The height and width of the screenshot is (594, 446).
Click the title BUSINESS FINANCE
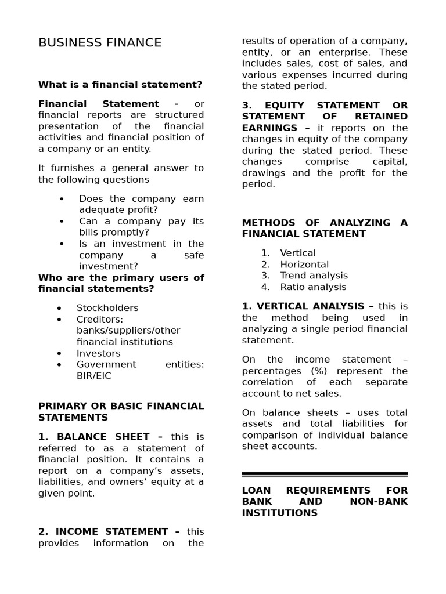pyautogui.click(x=100, y=43)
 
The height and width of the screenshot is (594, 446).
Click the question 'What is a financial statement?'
pyautogui.click(x=120, y=85)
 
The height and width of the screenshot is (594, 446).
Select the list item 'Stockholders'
pyautogui.click(x=107, y=308)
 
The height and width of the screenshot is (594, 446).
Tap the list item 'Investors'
pyautogui.click(x=99, y=353)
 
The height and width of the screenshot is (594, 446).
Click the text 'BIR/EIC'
pyautogui.click(x=94, y=376)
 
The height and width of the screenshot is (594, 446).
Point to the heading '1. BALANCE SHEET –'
pyautogui.click(x=100, y=437)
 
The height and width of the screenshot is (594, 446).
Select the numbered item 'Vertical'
pyautogui.click(x=298, y=253)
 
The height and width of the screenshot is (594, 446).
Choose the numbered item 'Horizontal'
pyautogui.click(x=304, y=265)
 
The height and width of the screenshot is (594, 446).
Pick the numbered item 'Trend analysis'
pyautogui.click(x=314, y=276)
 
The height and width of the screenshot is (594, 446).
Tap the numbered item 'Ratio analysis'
pyautogui.click(x=313, y=287)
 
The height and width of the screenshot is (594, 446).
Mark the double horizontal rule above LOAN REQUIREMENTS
pyautogui.click(x=325, y=474)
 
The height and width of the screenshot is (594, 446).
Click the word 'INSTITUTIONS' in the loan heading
pyautogui.click(x=280, y=513)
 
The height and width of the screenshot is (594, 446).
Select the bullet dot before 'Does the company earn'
pyautogui.click(x=62, y=199)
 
